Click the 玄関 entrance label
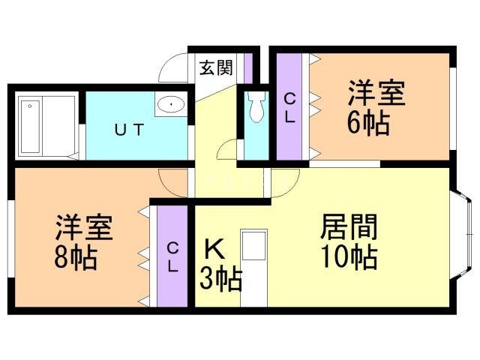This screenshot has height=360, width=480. pyautogui.click(x=216, y=68)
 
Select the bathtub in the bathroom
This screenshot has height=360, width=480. pyautogui.click(x=44, y=125)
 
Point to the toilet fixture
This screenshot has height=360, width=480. pyautogui.click(x=257, y=107)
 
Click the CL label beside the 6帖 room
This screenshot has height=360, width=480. pyautogui.click(x=289, y=107)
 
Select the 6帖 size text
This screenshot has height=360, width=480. pyautogui.click(x=368, y=123)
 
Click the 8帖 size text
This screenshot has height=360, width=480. pyautogui.click(x=74, y=257)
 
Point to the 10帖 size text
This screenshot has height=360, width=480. pyautogui.click(x=348, y=256)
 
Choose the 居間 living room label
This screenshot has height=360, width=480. pyautogui.click(x=348, y=226)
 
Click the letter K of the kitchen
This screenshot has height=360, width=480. pyautogui.click(x=211, y=248)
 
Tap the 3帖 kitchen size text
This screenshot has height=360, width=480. pyautogui.click(x=220, y=280)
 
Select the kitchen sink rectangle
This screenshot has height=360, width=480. pyautogui.click(x=253, y=247)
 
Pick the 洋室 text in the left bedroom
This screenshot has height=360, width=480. pyautogui.click(x=84, y=227)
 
